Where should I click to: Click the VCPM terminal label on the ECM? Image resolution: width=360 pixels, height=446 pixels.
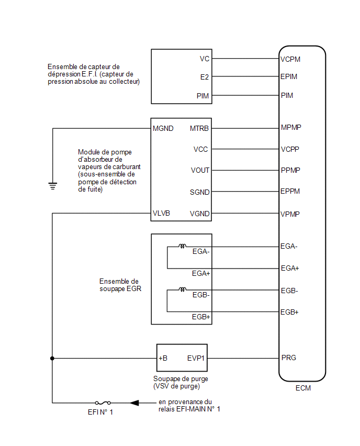click(290, 59)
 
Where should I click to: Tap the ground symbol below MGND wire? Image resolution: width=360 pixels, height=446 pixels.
click(53, 186)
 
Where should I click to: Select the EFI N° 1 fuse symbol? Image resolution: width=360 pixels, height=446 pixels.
click(103, 403)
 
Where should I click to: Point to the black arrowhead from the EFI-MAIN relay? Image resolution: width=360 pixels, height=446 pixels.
click(134, 403)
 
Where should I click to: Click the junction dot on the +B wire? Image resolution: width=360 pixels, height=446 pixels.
click(52, 359)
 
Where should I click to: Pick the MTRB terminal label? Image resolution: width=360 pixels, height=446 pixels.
click(199, 129)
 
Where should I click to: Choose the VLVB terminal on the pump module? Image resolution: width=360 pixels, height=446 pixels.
click(161, 213)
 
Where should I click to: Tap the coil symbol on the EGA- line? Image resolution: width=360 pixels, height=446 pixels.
click(182, 246)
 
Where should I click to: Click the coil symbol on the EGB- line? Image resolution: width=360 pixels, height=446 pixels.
click(182, 289)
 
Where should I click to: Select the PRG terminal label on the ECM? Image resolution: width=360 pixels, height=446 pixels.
click(289, 358)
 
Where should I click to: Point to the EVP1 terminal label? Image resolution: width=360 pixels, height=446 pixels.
click(196, 358)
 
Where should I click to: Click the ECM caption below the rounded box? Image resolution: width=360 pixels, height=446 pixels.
click(303, 388)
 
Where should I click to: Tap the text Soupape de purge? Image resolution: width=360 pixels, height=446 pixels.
click(181, 379)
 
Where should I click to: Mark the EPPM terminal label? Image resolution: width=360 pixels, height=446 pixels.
click(290, 191)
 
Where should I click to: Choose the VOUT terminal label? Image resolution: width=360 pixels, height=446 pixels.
click(200, 170)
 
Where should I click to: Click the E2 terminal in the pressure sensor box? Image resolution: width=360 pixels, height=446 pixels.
click(205, 77)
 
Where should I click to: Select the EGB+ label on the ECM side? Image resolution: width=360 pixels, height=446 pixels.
click(289, 312)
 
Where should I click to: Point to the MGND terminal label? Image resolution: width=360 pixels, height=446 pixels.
click(163, 129)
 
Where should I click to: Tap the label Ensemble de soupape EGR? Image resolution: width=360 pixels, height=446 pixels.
click(120, 285)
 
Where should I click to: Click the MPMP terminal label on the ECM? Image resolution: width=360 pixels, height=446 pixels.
click(291, 127)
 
